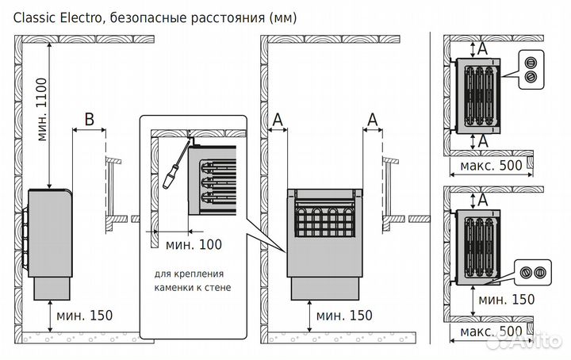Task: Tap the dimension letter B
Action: pyautogui.click(x=89, y=120)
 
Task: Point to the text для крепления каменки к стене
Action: pyautogui.click(x=192, y=281)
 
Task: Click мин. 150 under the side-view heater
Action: pyautogui.click(x=85, y=315)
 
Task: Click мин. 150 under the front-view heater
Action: pyautogui.click(x=343, y=315)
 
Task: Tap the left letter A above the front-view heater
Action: pyautogui.click(x=277, y=120)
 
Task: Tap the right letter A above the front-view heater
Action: pyautogui.click(x=372, y=120)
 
